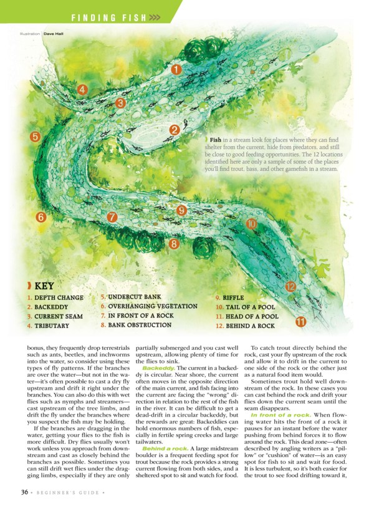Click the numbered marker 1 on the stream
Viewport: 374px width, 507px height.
[x=176, y=70]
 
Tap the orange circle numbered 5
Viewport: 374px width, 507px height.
[x=36, y=137]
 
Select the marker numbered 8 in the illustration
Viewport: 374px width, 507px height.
[x=174, y=244]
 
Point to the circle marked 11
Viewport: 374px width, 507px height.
[x=301, y=322]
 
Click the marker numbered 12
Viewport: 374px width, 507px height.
[x=290, y=286]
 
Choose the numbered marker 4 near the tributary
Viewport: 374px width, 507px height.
[x=82, y=89]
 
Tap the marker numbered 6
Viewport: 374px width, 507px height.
[x=41, y=218]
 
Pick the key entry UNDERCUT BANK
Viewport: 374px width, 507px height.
[x=131, y=297]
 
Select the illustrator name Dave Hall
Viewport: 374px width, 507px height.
[x=54, y=34]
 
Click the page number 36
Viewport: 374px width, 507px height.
[x=23, y=492]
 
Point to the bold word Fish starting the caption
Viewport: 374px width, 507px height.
[x=216, y=139]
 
